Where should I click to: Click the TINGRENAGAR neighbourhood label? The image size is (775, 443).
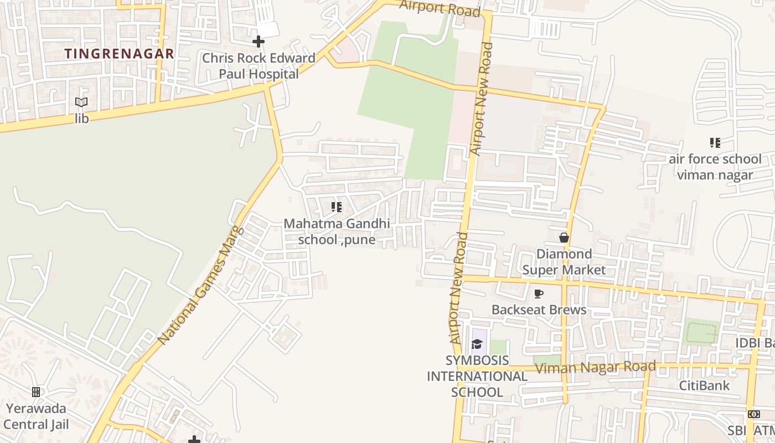pyautogui.click(x=119, y=54)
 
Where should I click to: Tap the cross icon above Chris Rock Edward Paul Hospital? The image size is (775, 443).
pyautogui.click(x=258, y=42)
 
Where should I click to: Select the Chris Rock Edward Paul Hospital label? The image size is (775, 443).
pyautogui.click(x=259, y=66)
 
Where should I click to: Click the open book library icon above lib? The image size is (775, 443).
pyautogui.click(x=81, y=102)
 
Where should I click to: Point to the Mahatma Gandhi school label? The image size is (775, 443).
pyautogui.click(x=337, y=231)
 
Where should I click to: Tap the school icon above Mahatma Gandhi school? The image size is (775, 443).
pyautogui.click(x=336, y=207)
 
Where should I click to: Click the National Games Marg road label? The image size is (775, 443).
pyautogui.click(x=200, y=285)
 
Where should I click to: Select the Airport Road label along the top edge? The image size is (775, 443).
pyautogui.click(x=439, y=7)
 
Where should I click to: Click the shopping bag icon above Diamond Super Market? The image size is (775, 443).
pyautogui.click(x=564, y=238)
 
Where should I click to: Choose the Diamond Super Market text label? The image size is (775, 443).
pyautogui.click(x=564, y=262)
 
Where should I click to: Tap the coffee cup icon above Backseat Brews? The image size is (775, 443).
pyautogui.click(x=538, y=293)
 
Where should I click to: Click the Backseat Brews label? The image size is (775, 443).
pyautogui.click(x=539, y=310)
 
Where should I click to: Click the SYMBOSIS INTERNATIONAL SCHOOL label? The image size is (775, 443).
pyautogui.click(x=477, y=377)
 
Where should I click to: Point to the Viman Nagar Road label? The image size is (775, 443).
pyautogui.click(x=596, y=367)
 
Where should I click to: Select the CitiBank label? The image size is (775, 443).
pyautogui.click(x=705, y=385)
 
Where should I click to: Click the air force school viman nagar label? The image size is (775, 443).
pyautogui.click(x=715, y=167)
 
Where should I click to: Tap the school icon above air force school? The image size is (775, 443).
pyautogui.click(x=715, y=143)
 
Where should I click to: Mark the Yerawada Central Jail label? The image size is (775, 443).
pyautogui.click(x=36, y=416)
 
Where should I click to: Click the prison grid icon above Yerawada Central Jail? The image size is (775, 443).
pyautogui.click(x=36, y=392)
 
